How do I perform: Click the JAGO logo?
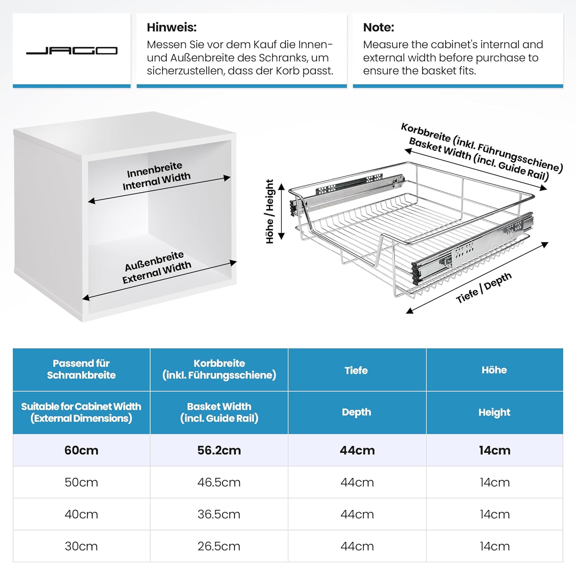(71, 51)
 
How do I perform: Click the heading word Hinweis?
(172, 27)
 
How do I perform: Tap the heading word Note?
(378, 27)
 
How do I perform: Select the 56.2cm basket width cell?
(219, 450)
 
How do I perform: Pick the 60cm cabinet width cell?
(81, 450)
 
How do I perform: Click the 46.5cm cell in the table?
(219, 482)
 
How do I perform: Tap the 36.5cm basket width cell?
(219, 514)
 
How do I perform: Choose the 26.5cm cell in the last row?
(219, 546)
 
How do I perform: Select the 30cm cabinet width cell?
(81, 546)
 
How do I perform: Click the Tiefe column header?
(356, 370)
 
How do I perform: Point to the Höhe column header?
(494, 370)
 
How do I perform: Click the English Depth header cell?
(356, 412)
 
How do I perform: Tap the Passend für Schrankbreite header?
(81, 369)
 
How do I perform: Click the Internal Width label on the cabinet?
(157, 181)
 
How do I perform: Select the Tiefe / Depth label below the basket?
(483, 288)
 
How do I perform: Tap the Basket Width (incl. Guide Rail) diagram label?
(478, 158)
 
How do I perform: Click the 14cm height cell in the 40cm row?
(495, 514)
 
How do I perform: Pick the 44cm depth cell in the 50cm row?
(357, 482)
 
